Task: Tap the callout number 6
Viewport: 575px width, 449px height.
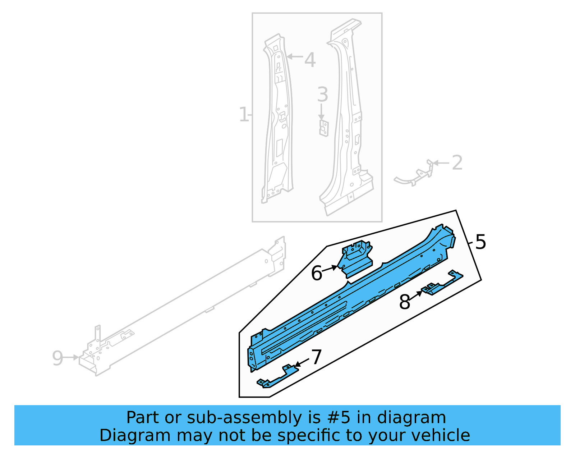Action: point(317,273)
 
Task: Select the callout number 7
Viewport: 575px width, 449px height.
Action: point(316,358)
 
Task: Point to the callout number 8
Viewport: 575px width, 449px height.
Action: point(405,302)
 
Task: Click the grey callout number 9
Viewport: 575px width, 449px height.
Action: point(57,358)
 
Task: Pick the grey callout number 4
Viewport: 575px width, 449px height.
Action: point(310,60)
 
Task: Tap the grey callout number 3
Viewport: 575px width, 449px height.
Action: point(322,95)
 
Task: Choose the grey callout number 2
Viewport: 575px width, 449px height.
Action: point(457,163)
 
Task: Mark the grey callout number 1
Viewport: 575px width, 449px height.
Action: point(244,115)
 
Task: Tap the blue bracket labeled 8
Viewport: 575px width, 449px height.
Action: point(442,284)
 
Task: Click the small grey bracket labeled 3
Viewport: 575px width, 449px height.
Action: point(324,128)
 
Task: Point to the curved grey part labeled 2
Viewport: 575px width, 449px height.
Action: point(413,177)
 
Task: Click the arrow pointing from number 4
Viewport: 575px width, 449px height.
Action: point(295,56)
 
